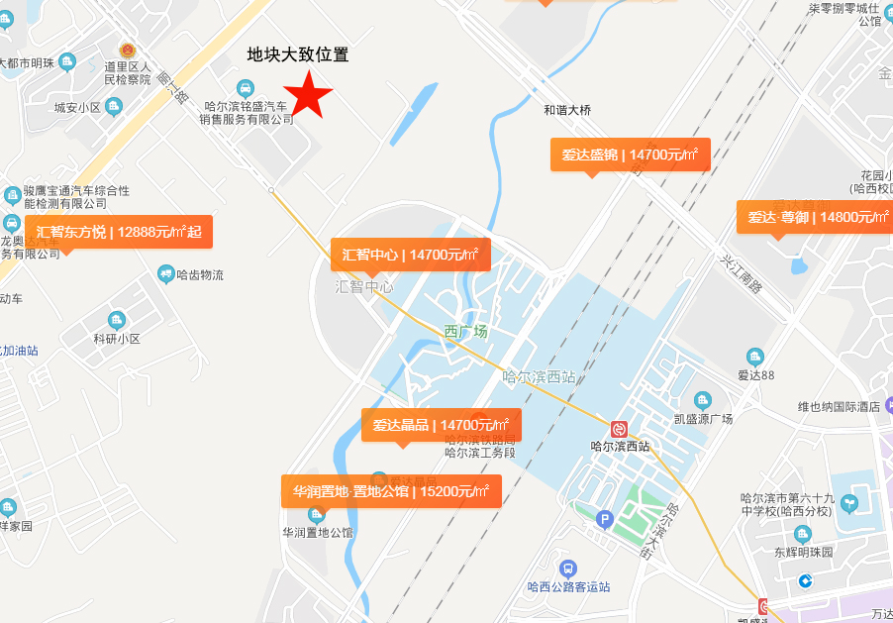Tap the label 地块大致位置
297,54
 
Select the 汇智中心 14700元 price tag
410,255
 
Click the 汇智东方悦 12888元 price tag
119,232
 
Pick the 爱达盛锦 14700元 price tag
630,155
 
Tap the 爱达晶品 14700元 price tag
441,425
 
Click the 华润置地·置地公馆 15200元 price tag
390,490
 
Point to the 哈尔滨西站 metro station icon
620,429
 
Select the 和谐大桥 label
567,111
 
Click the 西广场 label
465,332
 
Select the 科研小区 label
117,339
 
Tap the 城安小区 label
77,107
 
